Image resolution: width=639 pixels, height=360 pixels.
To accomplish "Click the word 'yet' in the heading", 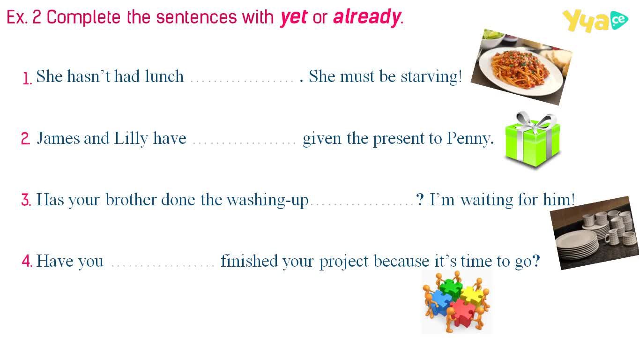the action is [x=294, y=18].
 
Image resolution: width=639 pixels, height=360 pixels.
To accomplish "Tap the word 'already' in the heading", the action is [x=367, y=18].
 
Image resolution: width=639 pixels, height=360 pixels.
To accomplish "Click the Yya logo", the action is [x=595, y=21].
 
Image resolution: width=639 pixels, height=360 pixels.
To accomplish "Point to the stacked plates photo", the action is [x=595, y=233].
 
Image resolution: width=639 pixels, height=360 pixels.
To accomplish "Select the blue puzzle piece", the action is [x=441, y=303].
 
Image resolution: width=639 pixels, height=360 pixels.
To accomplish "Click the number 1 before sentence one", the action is [x=27, y=78].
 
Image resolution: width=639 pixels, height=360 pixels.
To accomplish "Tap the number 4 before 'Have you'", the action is [x=27, y=261].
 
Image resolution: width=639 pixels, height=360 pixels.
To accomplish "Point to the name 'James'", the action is [x=59, y=138].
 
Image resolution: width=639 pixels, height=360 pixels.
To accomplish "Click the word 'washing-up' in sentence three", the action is [x=267, y=200].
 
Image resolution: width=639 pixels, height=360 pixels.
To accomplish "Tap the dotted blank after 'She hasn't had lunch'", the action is [x=242, y=82].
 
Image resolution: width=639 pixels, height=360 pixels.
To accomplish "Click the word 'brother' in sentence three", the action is [x=131, y=200].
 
